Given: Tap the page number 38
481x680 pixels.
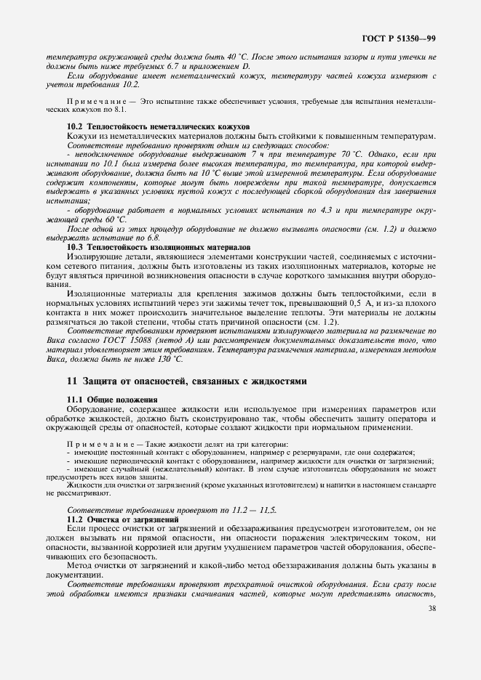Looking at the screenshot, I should (432, 609).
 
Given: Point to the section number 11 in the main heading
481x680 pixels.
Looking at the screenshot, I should (71, 380).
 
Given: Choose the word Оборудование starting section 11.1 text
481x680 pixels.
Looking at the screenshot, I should (98, 409).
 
